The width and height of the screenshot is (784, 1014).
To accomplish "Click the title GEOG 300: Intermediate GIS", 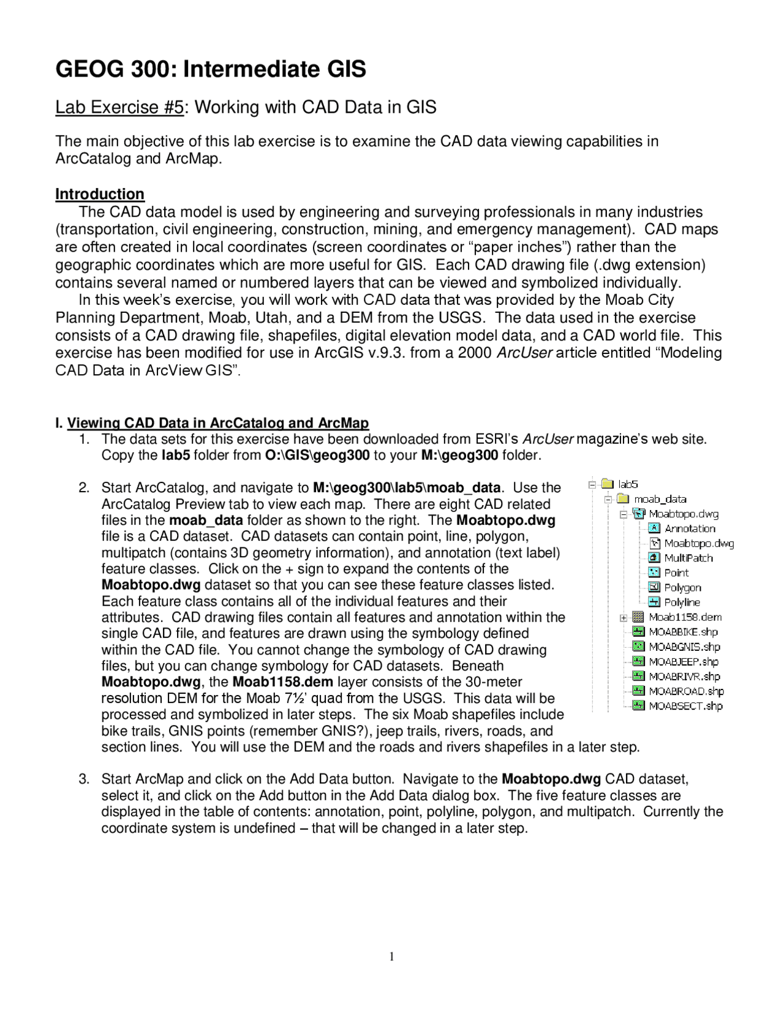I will (x=211, y=69).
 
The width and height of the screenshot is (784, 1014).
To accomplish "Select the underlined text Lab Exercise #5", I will (x=119, y=107).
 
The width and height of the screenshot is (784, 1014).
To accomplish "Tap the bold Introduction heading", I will (x=100, y=194).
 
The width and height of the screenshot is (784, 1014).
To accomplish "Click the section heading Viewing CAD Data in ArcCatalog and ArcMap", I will (x=217, y=423).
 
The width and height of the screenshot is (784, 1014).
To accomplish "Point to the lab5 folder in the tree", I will (x=628, y=484).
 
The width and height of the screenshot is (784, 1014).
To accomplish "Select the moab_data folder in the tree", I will (x=660, y=499).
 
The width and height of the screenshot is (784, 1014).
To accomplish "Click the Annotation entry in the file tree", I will (x=690, y=528).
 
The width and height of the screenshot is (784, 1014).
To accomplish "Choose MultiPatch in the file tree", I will (x=688, y=558).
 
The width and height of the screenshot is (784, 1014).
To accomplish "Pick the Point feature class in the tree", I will (x=676, y=573).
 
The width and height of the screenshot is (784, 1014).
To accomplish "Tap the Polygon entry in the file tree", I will (x=682, y=587).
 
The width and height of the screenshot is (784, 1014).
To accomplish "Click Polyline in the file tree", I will (x=682, y=603).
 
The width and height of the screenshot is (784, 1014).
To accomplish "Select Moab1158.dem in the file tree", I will (x=685, y=617).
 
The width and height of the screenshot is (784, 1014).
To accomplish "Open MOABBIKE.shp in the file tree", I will (x=683, y=632).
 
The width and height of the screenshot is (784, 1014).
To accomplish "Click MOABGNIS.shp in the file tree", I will (x=684, y=647).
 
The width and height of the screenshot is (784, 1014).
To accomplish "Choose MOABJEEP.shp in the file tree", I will (x=684, y=661).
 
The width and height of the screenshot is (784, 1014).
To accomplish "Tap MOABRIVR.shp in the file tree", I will (x=684, y=676).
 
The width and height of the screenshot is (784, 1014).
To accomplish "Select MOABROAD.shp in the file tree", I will (x=686, y=691).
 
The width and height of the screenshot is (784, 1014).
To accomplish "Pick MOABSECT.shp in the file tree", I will (x=685, y=706).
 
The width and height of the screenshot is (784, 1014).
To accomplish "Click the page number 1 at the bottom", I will (x=391, y=957).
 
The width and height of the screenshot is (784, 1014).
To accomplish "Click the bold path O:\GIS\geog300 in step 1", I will (x=317, y=456).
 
